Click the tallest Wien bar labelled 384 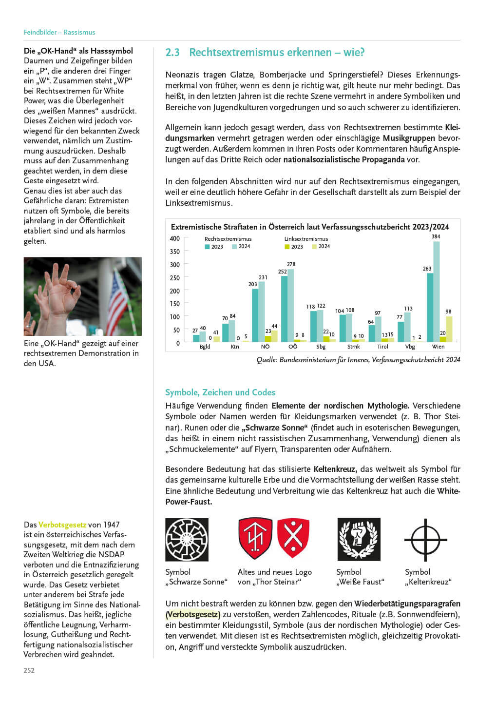point(437,292)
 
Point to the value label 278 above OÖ point(291,264)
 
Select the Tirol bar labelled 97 point(378,329)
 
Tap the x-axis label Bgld point(205,347)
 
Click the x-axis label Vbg point(410,347)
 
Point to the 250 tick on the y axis point(174,278)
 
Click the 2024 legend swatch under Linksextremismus point(314,247)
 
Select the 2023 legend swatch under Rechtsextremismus point(207,247)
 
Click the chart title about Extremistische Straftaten point(310,227)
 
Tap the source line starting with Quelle point(358,360)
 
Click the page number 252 point(29,670)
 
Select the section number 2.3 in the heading point(172,53)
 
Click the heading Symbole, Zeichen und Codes point(220,392)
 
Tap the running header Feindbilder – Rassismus point(59,32)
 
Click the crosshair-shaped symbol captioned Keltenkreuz point(425,540)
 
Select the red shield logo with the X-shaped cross point(293,538)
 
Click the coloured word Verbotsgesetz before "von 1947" point(62,525)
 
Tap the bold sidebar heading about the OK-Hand point(78,51)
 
